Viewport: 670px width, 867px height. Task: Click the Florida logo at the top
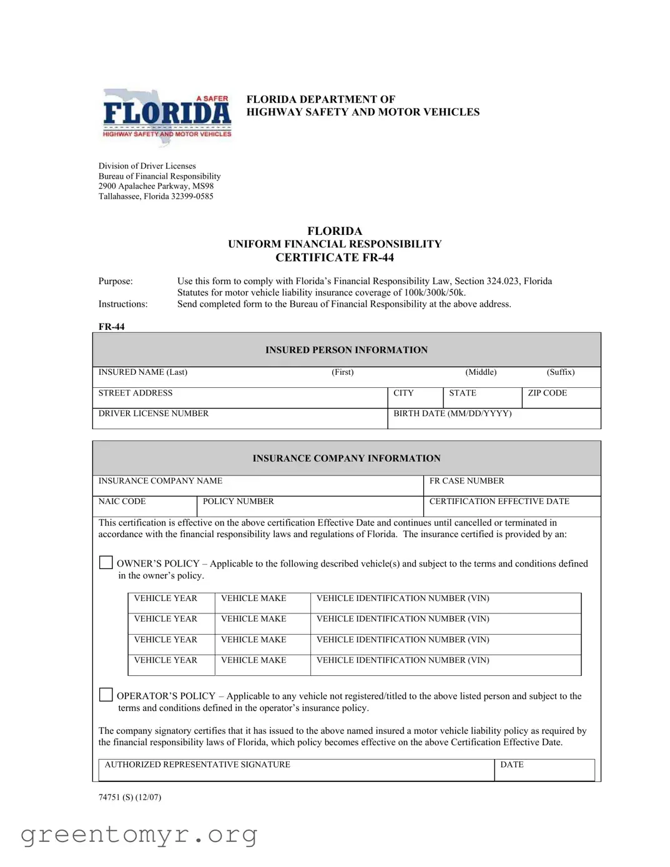[x=167, y=116]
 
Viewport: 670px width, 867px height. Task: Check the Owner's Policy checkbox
[x=106, y=563]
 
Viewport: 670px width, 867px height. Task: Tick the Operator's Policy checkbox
[x=106, y=695]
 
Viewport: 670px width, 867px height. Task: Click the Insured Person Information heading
[x=347, y=350]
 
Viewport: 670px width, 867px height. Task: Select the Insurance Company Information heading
[x=347, y=458]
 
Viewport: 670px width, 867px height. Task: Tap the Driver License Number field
[x=240, y=419]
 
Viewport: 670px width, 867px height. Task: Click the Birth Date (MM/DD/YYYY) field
[x=493, y=419]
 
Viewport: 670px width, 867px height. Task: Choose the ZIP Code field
[x=561, y=398]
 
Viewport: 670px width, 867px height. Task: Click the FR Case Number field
[x=511, y=486]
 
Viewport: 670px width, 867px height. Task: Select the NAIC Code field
[x=145, y=507]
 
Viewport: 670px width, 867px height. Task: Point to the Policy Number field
[x=310, y=507]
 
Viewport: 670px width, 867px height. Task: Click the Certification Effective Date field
[x=511, y=507]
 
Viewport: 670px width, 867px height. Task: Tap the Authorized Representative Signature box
[x=296, y=770]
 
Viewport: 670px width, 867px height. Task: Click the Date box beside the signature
[x=544, y=770]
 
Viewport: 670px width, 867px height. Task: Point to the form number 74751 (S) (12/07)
[x=130, y=797]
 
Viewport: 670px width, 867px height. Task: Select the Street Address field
[x=240, y=398]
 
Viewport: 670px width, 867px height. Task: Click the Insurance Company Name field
[x=257, y=486]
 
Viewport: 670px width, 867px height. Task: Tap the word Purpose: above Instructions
[x=116, y=281]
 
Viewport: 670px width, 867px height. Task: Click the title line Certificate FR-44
[x=335, y=257]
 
